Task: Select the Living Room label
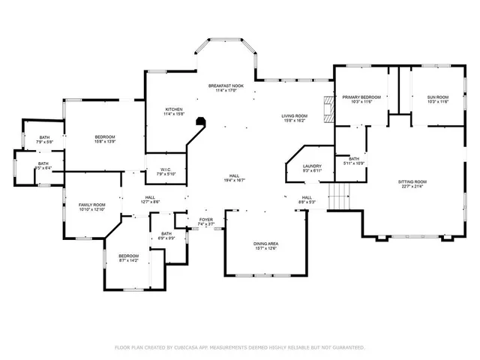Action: click(x=293, y=117)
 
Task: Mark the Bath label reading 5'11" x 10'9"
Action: click(x=353, y=160)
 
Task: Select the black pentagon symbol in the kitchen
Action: click(x=200, y=121)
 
